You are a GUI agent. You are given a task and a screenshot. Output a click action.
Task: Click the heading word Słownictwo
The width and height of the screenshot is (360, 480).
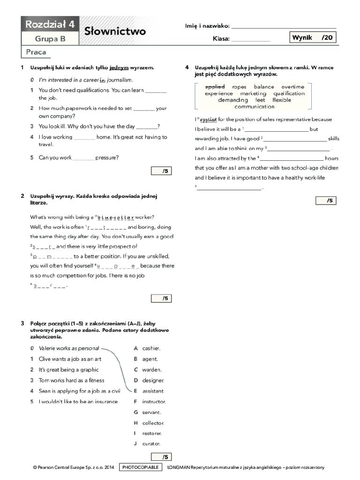tap(115, 31)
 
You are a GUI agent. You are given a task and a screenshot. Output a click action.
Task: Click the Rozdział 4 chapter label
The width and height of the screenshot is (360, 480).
tap(50, 24)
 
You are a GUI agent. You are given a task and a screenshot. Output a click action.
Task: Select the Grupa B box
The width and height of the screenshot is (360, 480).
tap(50, 39)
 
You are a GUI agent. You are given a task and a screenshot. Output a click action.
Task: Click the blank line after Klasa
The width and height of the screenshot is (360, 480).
tap(251, 40)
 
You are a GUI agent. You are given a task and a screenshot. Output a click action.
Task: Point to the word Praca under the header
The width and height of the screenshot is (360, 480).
tap(36, 52)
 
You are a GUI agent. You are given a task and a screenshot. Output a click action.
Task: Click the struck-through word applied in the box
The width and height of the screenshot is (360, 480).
tap(215, 87)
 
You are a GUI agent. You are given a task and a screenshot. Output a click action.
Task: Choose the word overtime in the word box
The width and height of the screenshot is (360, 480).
tap(292, 87)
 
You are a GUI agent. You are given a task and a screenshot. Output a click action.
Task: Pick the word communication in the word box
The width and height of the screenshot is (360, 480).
tap(255, 106)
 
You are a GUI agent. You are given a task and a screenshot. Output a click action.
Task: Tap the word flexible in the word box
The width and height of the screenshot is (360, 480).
tap(282, 100)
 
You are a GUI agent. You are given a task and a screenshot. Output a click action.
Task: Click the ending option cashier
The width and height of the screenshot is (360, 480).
tap(151, 348)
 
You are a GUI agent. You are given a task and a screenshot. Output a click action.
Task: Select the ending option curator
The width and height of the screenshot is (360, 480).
tap(151, 443)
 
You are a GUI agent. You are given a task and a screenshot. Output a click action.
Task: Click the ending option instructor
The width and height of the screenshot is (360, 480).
tap(154, 402)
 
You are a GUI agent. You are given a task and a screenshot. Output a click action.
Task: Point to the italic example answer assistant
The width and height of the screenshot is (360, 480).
tap(153, 391)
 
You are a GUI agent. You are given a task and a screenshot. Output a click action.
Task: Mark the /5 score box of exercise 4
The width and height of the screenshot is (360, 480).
tap(326, 201)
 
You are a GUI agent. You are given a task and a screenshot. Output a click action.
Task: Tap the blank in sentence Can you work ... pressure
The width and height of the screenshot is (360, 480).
tap(84, 158)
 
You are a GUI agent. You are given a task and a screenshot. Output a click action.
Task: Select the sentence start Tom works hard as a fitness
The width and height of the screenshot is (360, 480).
tap(71, 380)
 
